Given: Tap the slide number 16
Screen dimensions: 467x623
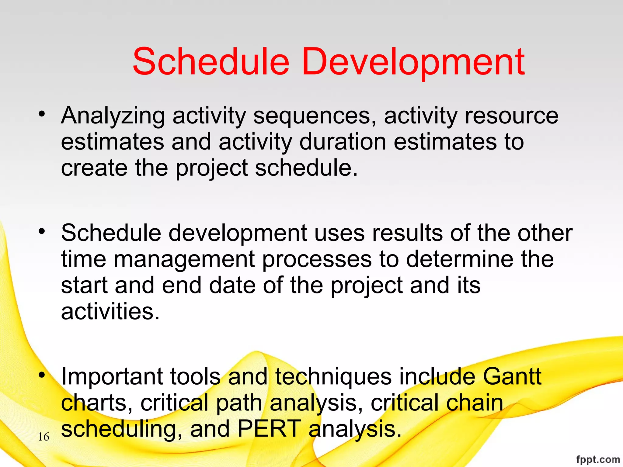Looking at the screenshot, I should [x=44, y=437].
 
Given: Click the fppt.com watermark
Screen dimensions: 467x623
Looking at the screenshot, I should [x=598, y=459].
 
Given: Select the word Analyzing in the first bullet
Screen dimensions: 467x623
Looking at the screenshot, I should [x=113, y=116].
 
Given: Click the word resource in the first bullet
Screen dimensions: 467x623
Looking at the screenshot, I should [x=511, y=116].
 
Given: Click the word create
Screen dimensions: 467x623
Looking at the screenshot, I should [x=94, y=168].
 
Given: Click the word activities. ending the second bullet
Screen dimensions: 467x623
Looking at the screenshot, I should [x=110, y=311].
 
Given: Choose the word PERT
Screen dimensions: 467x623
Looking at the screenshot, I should [x=269, y=429].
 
